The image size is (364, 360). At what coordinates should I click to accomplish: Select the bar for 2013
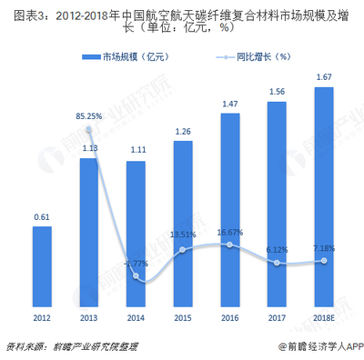pyautogui.click(x=89, y=236)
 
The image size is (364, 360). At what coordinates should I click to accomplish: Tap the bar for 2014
pyautogui.click(x=136, y=237)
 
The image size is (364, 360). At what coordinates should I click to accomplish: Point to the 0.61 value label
pyautogui.click(x=42, y=217)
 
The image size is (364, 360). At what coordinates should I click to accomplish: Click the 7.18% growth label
pyautogui.click(x=325, y=249)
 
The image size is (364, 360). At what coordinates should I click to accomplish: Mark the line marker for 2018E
pyautogui.click(x=325, y=262)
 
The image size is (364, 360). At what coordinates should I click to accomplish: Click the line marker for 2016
pyautogui.click(x=230, y=245)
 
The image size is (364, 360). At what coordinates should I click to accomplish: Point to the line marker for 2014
pyautogui.click(x=136, y=276)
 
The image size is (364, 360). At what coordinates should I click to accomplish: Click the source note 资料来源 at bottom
pyautogui.click(x=64, y=346)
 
